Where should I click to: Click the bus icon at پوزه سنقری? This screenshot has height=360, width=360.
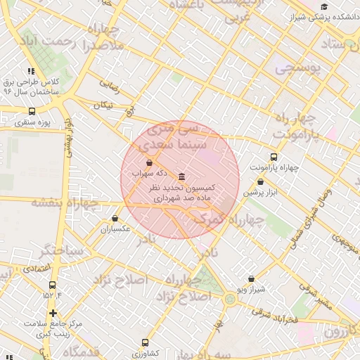click(x=32, y=111)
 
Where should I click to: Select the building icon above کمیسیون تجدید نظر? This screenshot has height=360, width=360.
click(x=182, y=176)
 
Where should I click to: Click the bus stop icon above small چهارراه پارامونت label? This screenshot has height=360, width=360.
click(x=274, y=157)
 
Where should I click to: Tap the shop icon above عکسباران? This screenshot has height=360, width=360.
click(x=115, y=219)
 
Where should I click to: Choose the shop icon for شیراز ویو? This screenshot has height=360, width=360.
click(x=251, y=278)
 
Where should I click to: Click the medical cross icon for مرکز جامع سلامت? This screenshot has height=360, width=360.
click(x=53, y=313)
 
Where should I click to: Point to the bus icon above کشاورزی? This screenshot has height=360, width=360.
click(x=145, y=343)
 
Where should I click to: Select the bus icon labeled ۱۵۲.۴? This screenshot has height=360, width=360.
click(x=52, y=285)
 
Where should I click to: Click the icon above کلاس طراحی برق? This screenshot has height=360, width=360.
click(x=30, y=71)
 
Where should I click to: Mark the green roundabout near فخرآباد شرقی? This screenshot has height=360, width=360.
click(x=230, y=300)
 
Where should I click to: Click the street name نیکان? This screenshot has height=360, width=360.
click(x=103, y=105)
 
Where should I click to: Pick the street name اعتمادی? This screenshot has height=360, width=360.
click(x=36, y=268)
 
